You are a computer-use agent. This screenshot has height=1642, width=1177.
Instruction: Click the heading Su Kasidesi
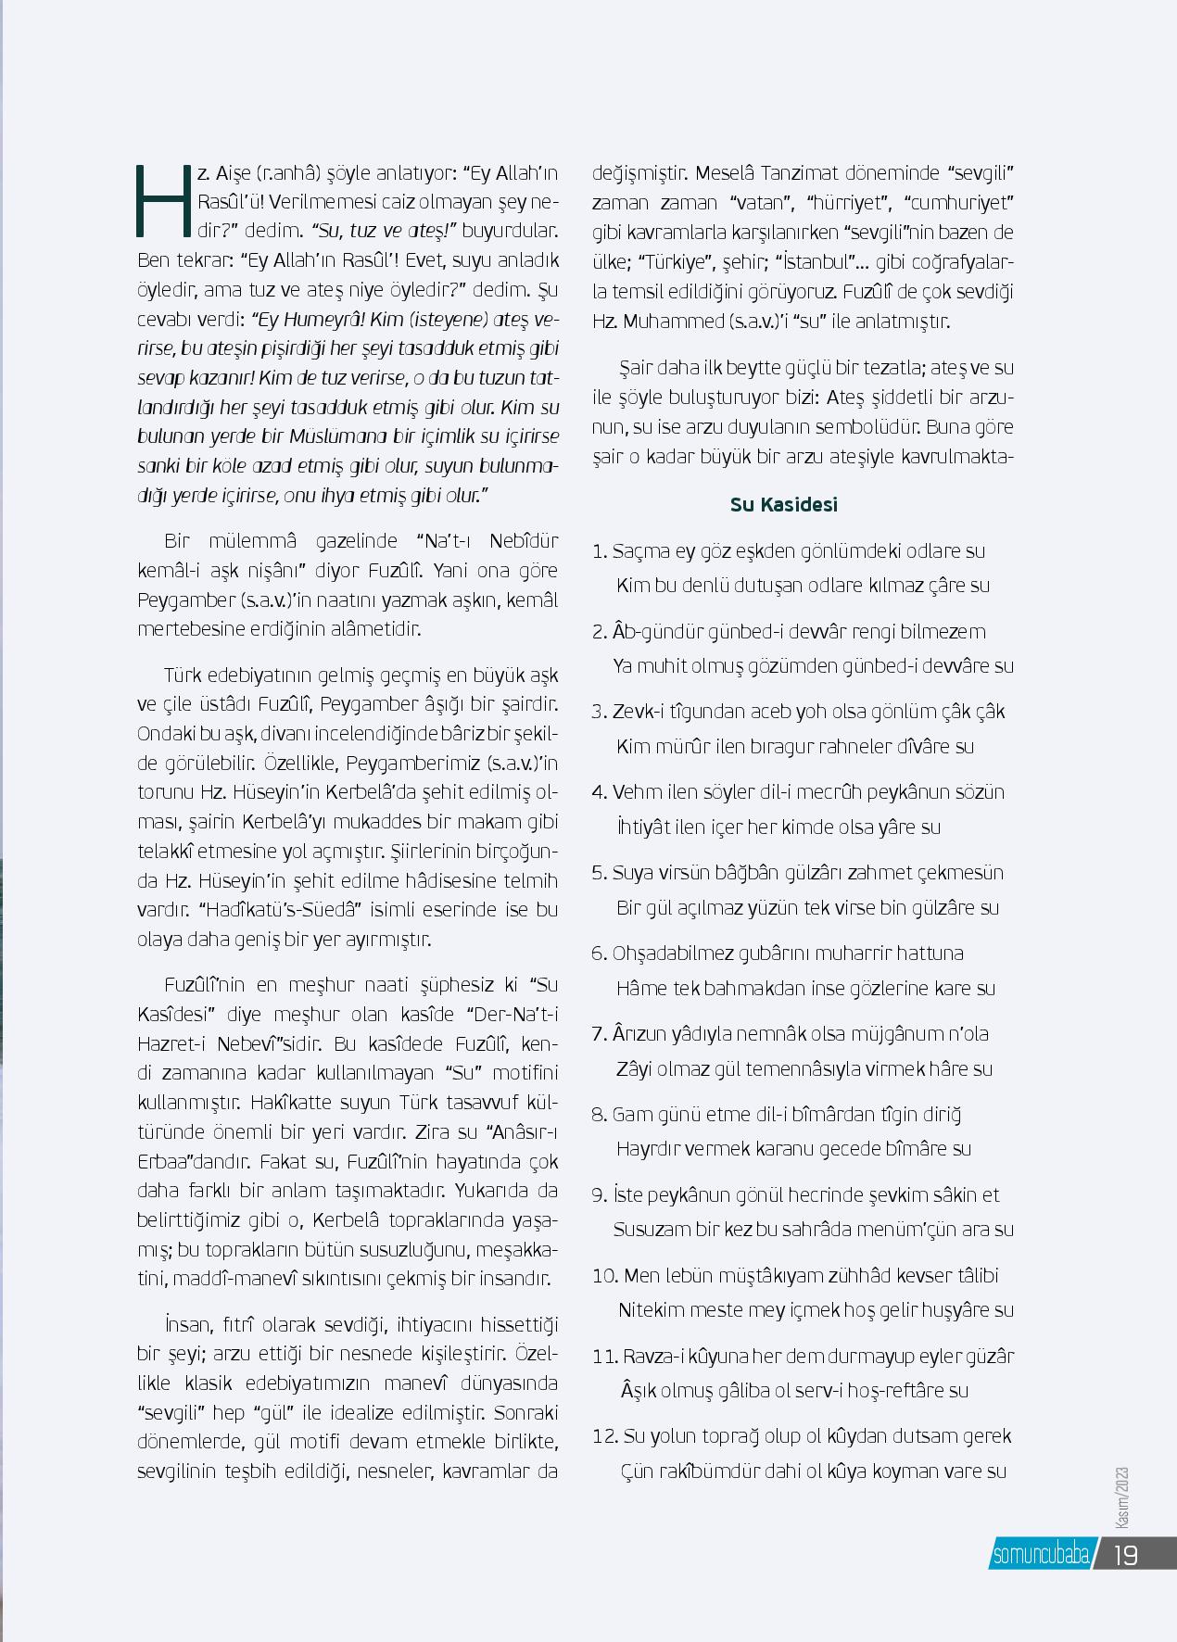tap(783, 505)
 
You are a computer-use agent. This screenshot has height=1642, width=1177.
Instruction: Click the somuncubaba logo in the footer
tap(1040, 1555)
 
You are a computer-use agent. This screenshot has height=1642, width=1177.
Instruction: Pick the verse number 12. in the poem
tap(605, 1437)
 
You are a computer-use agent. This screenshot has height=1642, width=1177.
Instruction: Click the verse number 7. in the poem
tap(600, 1034)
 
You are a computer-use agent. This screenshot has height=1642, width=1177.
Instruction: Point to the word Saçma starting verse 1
tap(640, 551)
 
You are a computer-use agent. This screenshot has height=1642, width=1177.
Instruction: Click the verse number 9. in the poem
tap(600, 1195)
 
